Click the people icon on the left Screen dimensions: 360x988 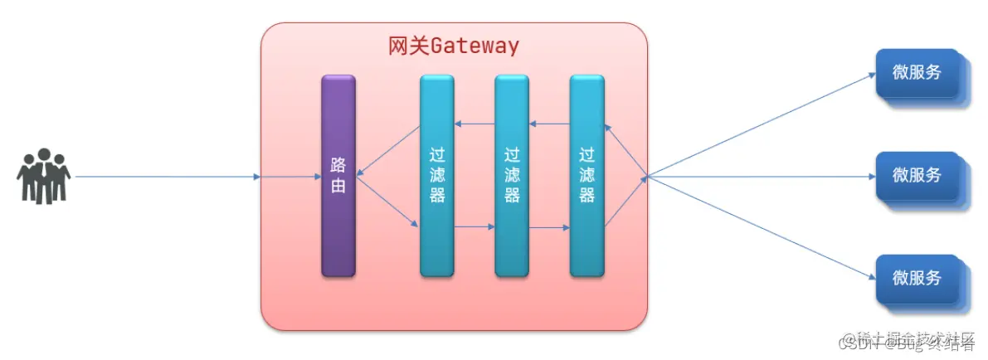pos(44,176)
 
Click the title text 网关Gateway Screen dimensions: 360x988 pos(454,46)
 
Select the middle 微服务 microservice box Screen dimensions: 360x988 pos(917,176)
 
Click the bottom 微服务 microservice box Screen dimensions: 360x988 pos(917,279)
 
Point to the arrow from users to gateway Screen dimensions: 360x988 pos(166,177)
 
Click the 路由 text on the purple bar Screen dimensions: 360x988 pos(338,176)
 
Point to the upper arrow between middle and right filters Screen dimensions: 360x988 pos(549,124)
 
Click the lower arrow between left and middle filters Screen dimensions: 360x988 pos(474,226)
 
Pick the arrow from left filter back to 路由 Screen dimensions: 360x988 pos(388,150)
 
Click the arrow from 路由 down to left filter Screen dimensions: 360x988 pos(388,201)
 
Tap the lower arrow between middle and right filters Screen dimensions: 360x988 pos(549,226)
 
